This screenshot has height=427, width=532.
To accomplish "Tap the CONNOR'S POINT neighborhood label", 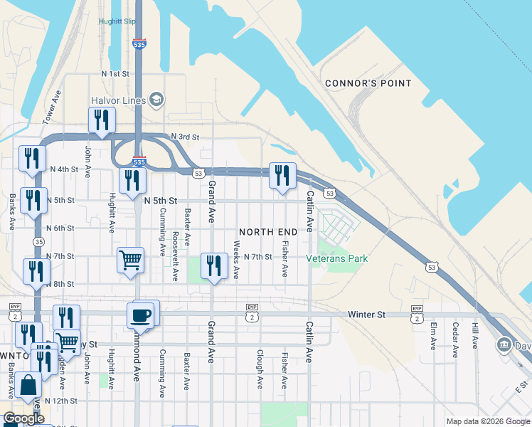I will (368, 83).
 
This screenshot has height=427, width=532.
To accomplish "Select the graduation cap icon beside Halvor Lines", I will (156, 99).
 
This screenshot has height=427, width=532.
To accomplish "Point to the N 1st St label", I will (115, 73).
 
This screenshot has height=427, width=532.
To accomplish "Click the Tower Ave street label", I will (52, 107).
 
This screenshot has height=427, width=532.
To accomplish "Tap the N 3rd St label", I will (185, 137).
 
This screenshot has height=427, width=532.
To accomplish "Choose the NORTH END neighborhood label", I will (268, 232).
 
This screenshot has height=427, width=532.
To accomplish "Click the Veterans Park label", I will (337, 258).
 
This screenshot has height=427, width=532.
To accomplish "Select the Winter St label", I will (366, 314).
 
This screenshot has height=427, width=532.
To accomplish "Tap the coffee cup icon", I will (140, 315).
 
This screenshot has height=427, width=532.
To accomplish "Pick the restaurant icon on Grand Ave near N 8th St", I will (214, 266).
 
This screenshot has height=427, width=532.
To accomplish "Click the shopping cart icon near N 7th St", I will (131, 260).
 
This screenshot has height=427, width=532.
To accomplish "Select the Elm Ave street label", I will (432, 336).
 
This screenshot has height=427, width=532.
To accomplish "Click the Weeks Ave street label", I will (237, 259).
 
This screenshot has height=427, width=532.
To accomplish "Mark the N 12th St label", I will (60, 401).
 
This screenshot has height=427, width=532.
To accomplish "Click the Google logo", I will (23, 418).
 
